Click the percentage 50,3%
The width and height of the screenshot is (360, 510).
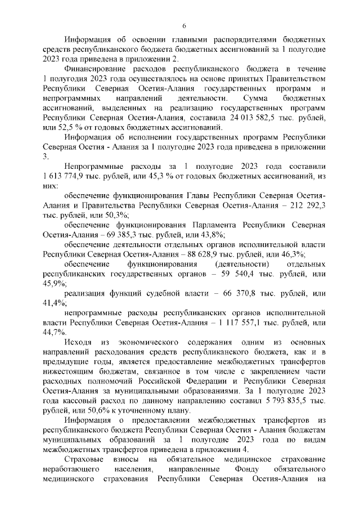pos(117,215)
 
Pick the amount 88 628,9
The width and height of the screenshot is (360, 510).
pos(205,255)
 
